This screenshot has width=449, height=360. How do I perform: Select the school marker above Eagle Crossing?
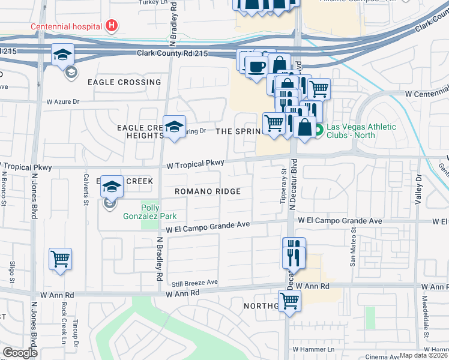pos(62,55)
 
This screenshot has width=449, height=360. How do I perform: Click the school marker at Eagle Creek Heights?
pos(174,127)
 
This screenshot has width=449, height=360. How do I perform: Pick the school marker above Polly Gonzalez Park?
pos(112,187)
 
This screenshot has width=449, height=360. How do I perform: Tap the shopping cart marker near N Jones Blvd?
pos(60,259)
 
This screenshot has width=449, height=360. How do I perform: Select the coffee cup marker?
pos(257,66)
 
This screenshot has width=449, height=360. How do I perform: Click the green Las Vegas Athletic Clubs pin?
pos(319,130)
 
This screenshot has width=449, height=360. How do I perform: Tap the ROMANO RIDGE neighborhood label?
pos(208,191)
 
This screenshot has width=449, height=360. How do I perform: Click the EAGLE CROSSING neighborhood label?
pos(124,82)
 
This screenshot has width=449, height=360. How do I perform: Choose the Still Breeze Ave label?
pos(194,282)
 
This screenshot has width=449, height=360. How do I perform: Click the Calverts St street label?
pos(86,193)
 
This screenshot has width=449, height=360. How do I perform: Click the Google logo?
pos(20,353)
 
